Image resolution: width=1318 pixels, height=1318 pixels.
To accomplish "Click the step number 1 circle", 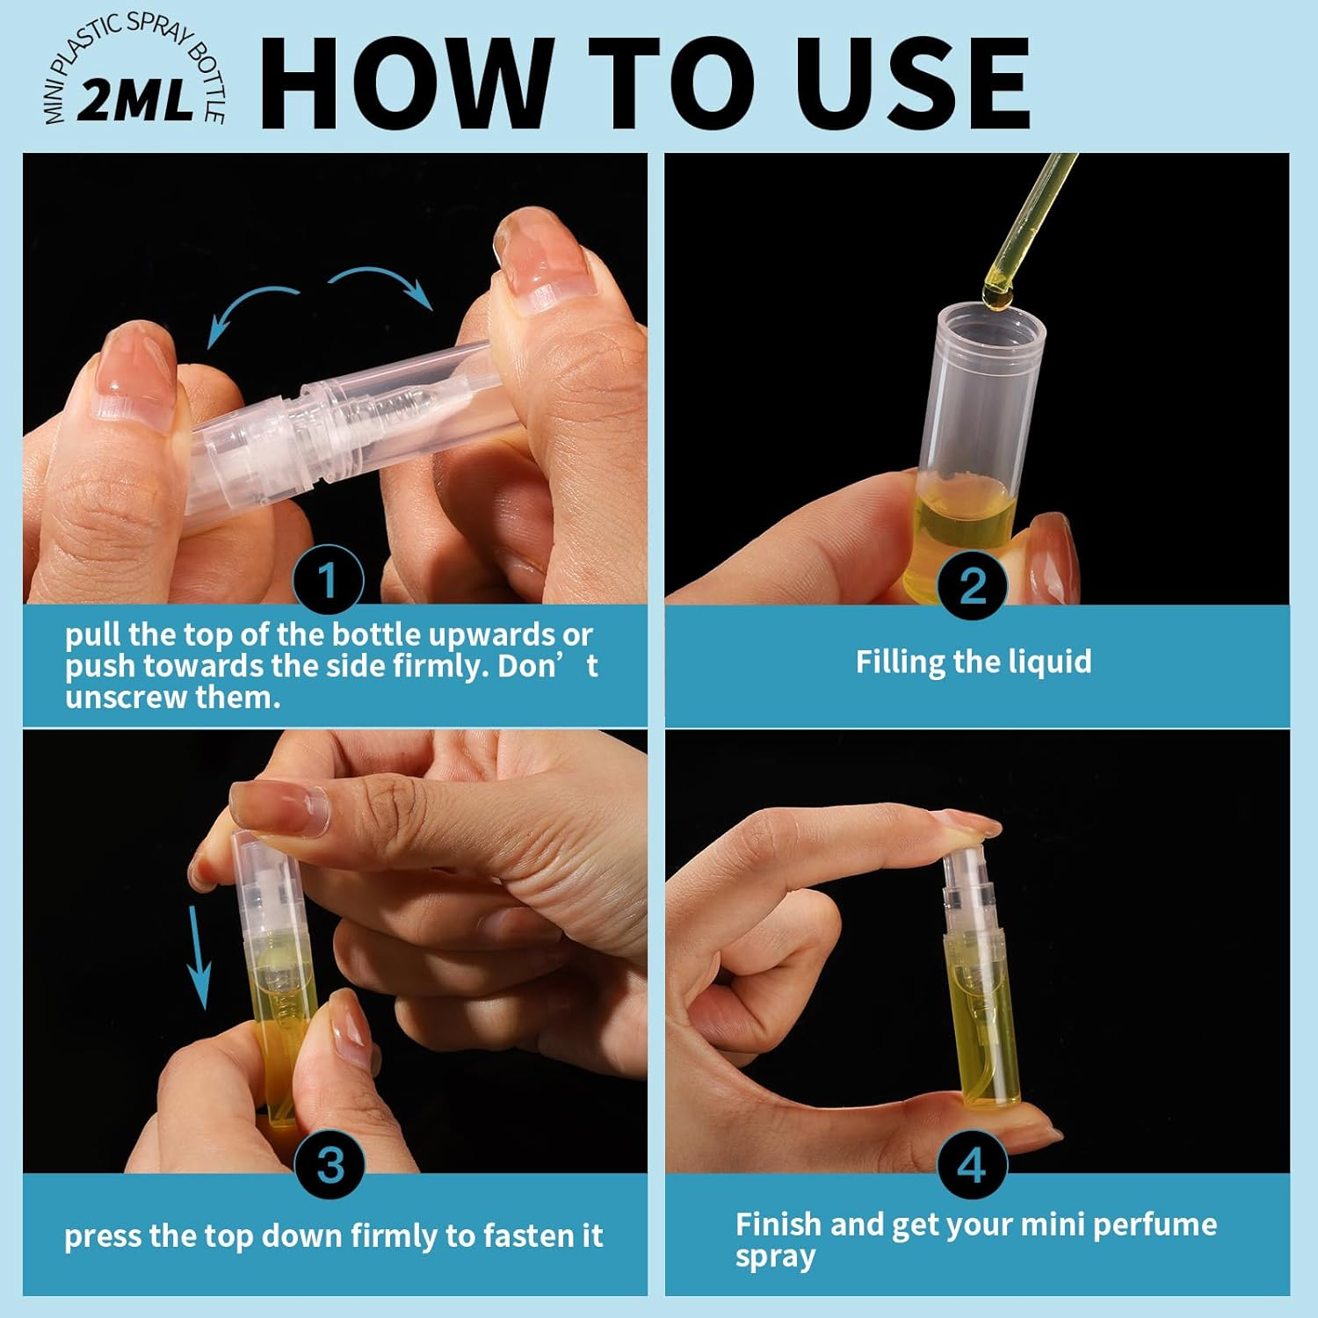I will (x=328, y=580).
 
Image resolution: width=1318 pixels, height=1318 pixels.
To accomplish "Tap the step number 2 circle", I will (x=972, y=585).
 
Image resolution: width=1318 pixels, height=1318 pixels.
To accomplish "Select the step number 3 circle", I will (x=329, y=1164).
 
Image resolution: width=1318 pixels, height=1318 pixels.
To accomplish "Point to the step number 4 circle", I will (x=971, y=1165).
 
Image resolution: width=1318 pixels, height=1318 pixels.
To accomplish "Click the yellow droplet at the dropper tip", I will (x=997, y=299).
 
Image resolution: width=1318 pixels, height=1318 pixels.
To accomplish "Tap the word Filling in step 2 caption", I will (x=900, y=662).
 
